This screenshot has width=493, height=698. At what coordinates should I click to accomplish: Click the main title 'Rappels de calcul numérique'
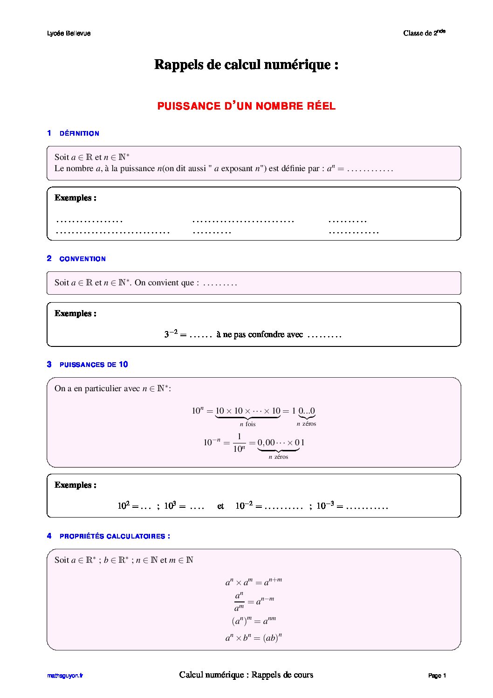[246, 64]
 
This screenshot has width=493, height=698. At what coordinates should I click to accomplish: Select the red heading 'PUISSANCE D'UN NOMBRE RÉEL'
[246, 106]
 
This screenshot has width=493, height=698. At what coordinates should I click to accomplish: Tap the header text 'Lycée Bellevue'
[69, 34]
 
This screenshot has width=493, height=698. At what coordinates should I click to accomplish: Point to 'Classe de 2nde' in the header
[424, 33]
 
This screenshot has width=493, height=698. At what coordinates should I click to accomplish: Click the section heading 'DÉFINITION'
[79, 133]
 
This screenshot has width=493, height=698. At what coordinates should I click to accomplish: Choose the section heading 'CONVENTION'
[82, 259]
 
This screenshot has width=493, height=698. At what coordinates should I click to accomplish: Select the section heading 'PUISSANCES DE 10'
[94, 365]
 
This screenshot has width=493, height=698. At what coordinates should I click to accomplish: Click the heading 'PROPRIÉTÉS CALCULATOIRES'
[115, 536]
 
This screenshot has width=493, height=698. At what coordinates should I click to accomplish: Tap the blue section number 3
[49, 364]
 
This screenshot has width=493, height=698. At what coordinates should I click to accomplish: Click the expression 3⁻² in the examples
[171, 334]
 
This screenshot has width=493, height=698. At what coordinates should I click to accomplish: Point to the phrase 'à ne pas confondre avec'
[260, 334]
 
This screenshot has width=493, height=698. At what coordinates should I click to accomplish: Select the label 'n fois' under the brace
[247, 424]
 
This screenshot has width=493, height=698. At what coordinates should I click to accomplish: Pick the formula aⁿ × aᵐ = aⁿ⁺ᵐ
[253, 581]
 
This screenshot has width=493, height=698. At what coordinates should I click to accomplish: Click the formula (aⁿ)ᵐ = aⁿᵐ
[253, 621]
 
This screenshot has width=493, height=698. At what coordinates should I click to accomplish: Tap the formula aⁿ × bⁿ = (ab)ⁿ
[253, 638]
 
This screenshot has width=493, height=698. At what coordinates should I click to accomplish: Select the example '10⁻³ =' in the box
[329, 506]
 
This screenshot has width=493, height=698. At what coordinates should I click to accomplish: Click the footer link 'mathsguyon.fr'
[65, 676]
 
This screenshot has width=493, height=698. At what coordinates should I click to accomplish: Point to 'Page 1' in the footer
[437, 676]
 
